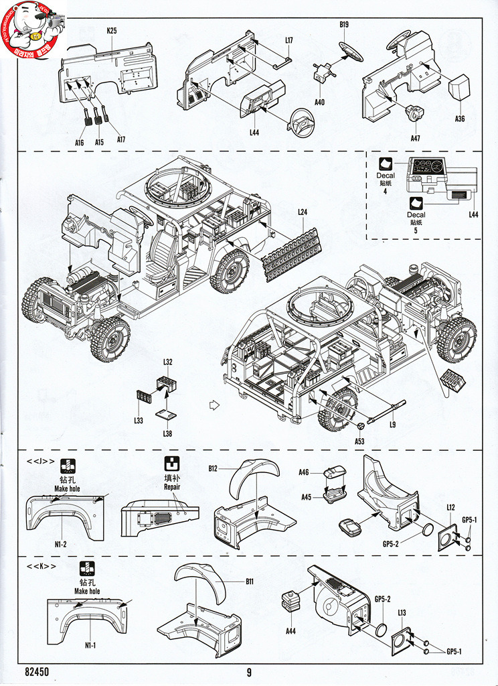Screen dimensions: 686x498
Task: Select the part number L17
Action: (x=288, y=40)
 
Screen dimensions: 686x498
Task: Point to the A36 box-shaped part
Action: (x=459, y=88)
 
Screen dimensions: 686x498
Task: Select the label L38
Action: (x=167, y=433)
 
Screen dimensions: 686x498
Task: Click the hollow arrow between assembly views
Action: (x=214, y=405)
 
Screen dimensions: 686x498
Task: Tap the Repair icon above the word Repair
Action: (x=173, y=464)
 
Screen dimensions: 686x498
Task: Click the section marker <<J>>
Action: (x=41, y=461)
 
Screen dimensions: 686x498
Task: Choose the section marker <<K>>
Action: (x=41, y=567)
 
